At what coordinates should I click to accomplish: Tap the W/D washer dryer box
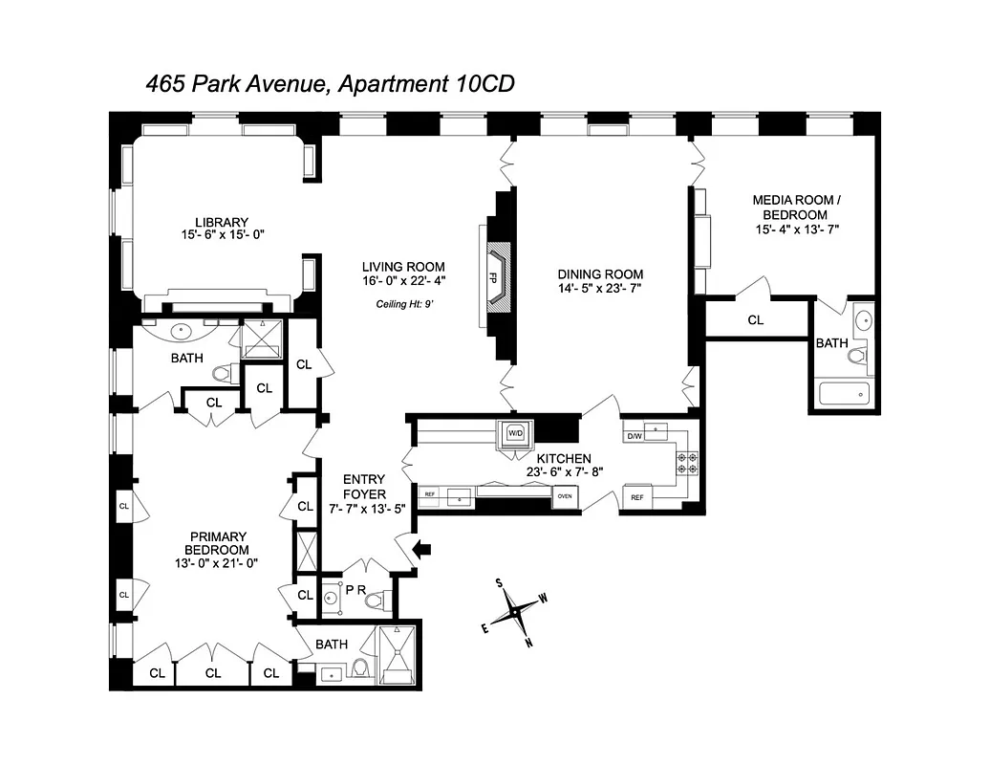[x=514, y=432]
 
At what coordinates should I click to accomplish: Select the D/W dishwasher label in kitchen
[x=634, y=437]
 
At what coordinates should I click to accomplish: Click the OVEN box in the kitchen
[x=565, y=495]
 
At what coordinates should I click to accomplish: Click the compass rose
[x=513, y=611]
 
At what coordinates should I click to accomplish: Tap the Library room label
[x=196, y=222]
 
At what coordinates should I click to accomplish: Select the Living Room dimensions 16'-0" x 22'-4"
[x=403, y=281]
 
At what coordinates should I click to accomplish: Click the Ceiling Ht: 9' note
[x=403, y=305]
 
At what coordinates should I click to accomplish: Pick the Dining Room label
[x=601, y=273]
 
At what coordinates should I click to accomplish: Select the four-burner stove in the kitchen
[x=686, y=463]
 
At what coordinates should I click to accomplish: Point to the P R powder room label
[x=355, y=588]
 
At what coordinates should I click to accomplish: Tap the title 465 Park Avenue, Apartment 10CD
[x=330, y=83]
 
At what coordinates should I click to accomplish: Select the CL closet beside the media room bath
[x=755, y=320]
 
